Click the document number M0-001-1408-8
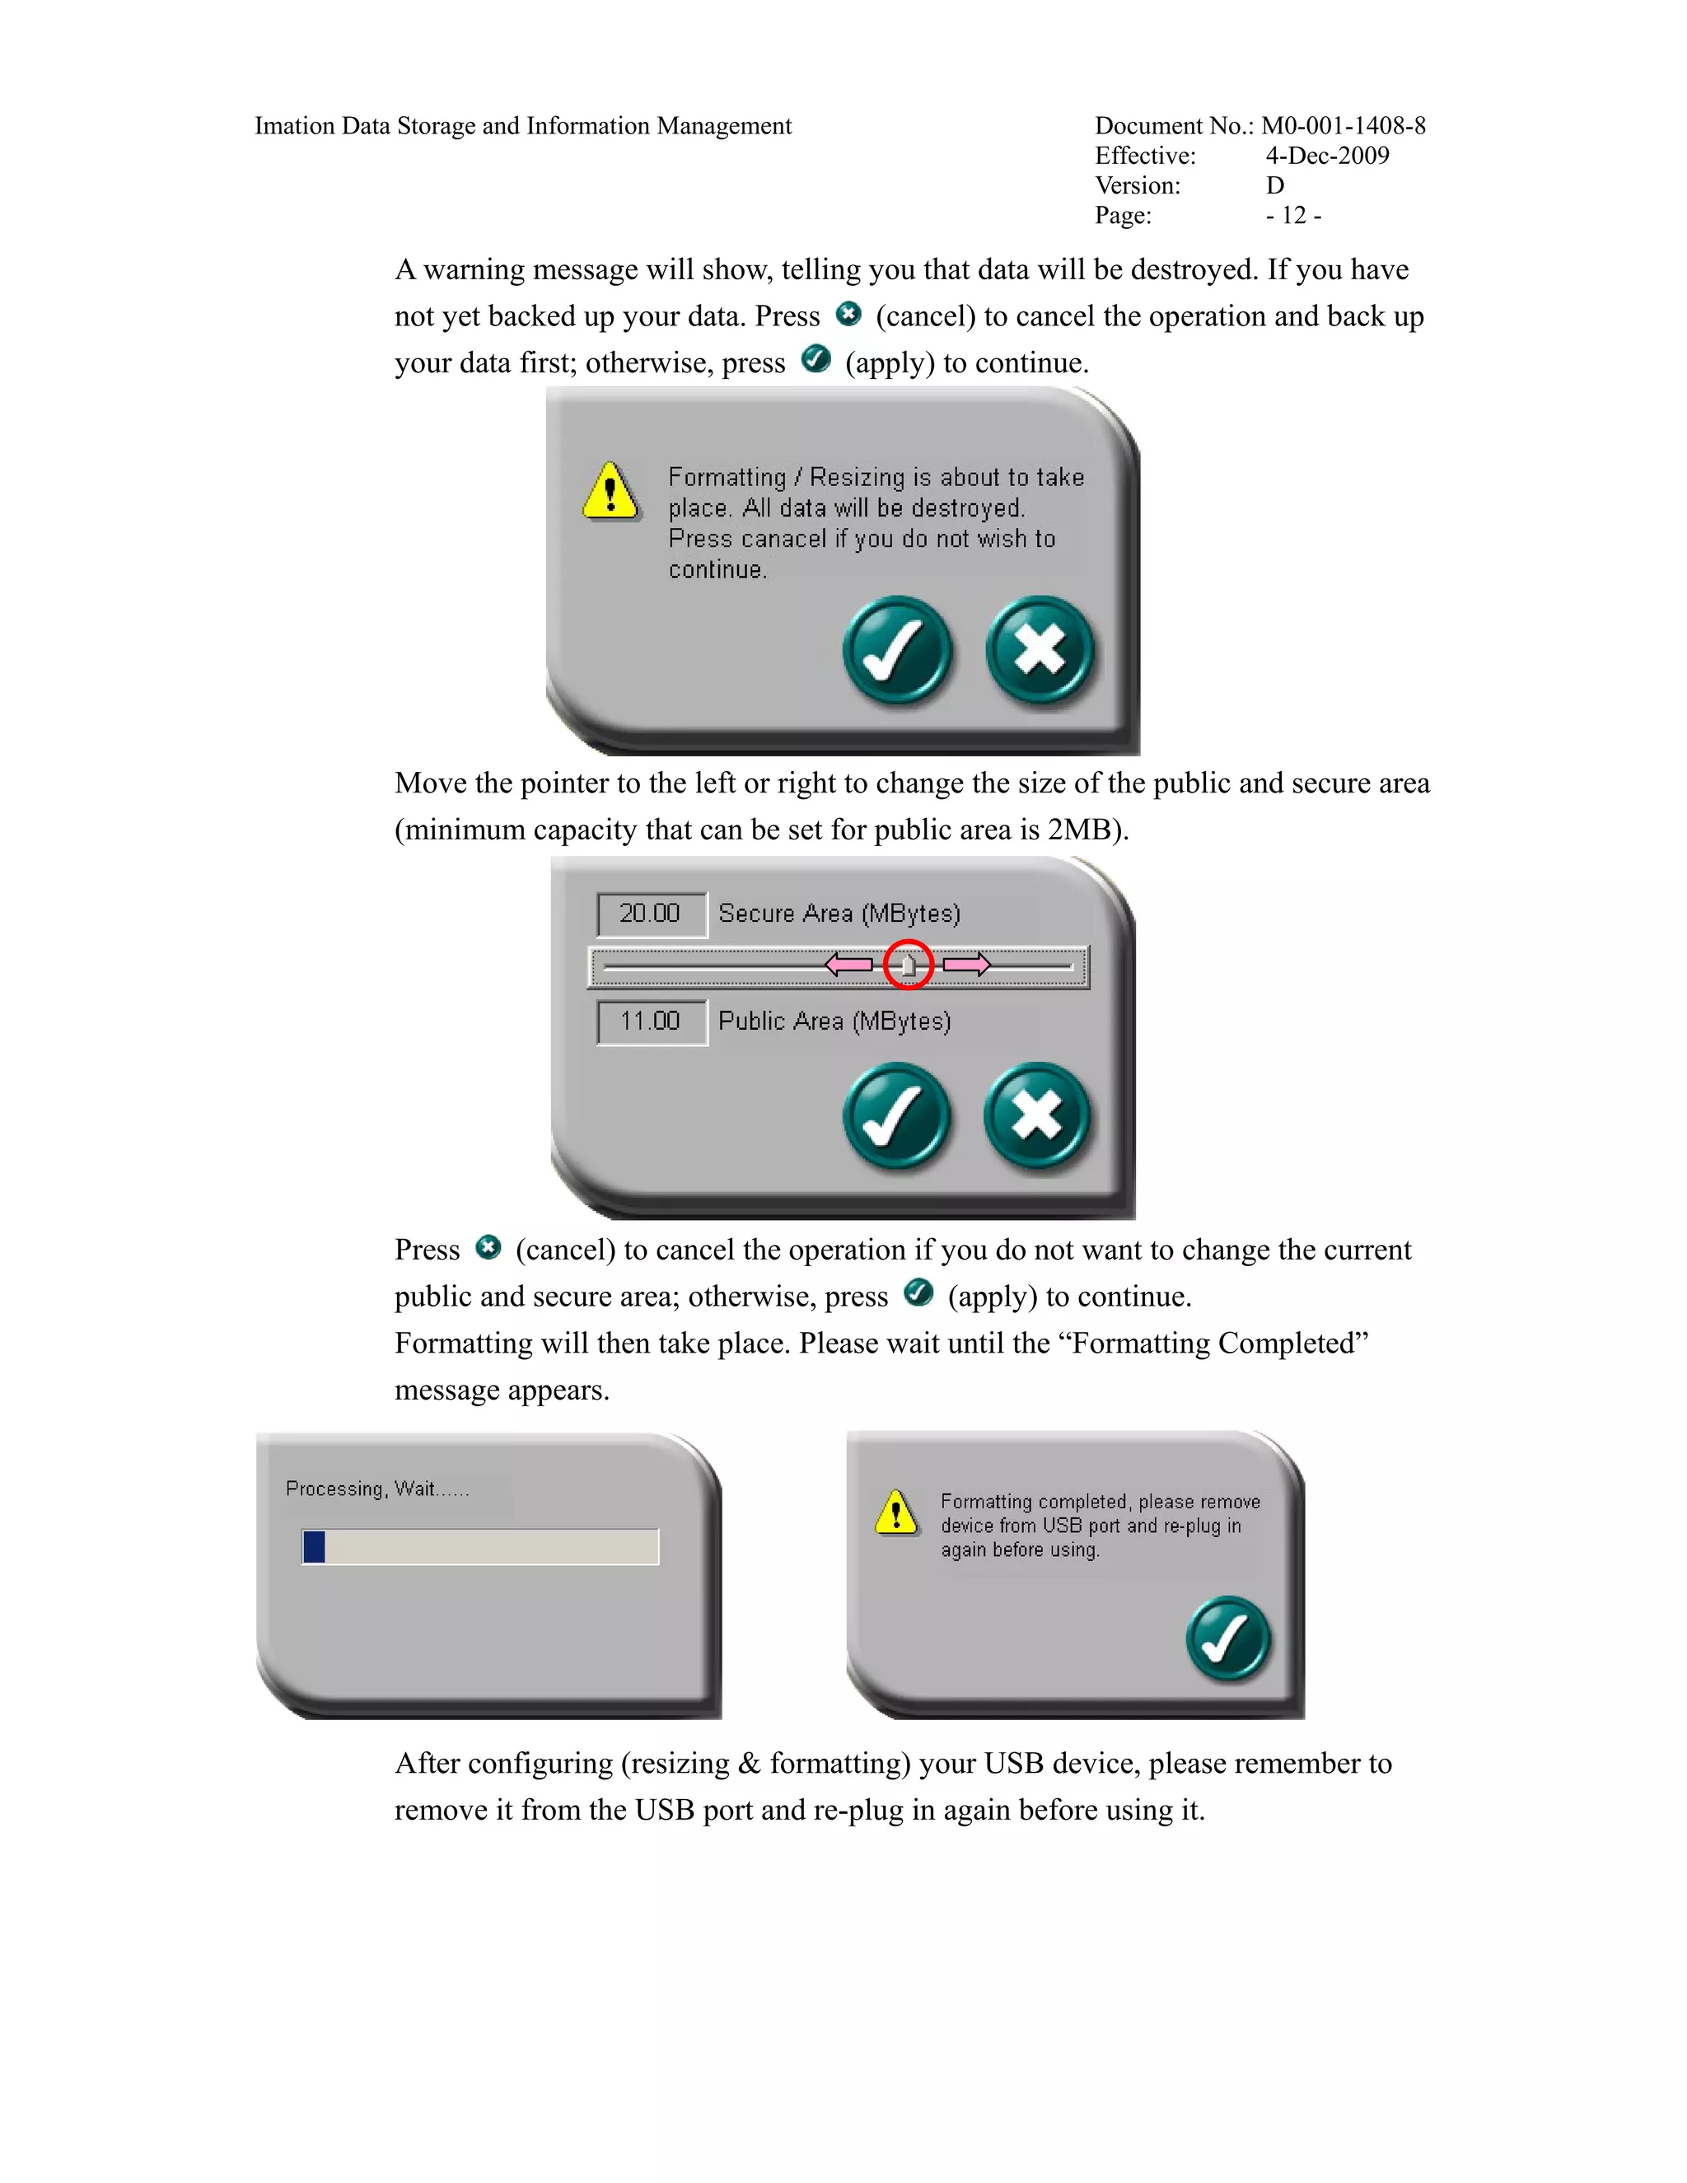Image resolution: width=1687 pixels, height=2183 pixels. point(1344,126)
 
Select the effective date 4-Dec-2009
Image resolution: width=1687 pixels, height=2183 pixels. point(1327,156)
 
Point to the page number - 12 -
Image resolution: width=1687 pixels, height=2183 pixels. point(1293,216)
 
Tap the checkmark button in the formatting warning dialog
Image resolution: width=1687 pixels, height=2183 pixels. point(896,651)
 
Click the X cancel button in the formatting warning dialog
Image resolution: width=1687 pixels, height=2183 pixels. point(1040,651)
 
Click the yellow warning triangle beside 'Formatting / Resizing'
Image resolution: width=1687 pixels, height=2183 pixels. point(610,491)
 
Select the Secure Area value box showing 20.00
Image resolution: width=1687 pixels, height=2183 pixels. point(652,914)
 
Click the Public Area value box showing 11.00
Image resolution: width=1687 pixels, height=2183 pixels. point(652,1021)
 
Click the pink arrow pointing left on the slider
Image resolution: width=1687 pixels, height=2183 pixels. point(849,965)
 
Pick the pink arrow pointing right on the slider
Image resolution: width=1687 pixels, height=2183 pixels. point(966,965)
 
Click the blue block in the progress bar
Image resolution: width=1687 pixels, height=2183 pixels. point(314,1546)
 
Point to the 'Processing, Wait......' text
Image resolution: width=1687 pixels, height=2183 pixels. point(376,1489)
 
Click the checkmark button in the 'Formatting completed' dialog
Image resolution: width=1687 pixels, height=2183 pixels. point(1228,1638)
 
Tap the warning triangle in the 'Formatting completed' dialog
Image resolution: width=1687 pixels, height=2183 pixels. point(896,1512)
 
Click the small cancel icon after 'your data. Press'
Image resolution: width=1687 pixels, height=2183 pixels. point(848,314)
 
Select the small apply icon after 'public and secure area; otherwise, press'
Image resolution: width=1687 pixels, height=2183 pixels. point(918,1293)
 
